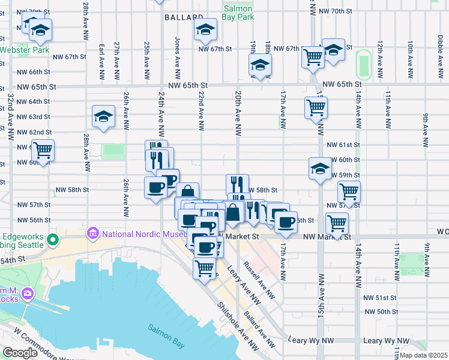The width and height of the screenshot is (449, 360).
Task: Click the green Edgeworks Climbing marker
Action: [x=53, y=241]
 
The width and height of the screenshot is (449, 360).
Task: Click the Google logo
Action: [x=20, y=353]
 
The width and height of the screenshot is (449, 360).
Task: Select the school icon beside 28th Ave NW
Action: [x=104, y=118]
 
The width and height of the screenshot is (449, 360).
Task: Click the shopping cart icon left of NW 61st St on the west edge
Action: [x=42, y=149]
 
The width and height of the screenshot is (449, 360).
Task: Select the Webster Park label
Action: [x=24, y=50]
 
